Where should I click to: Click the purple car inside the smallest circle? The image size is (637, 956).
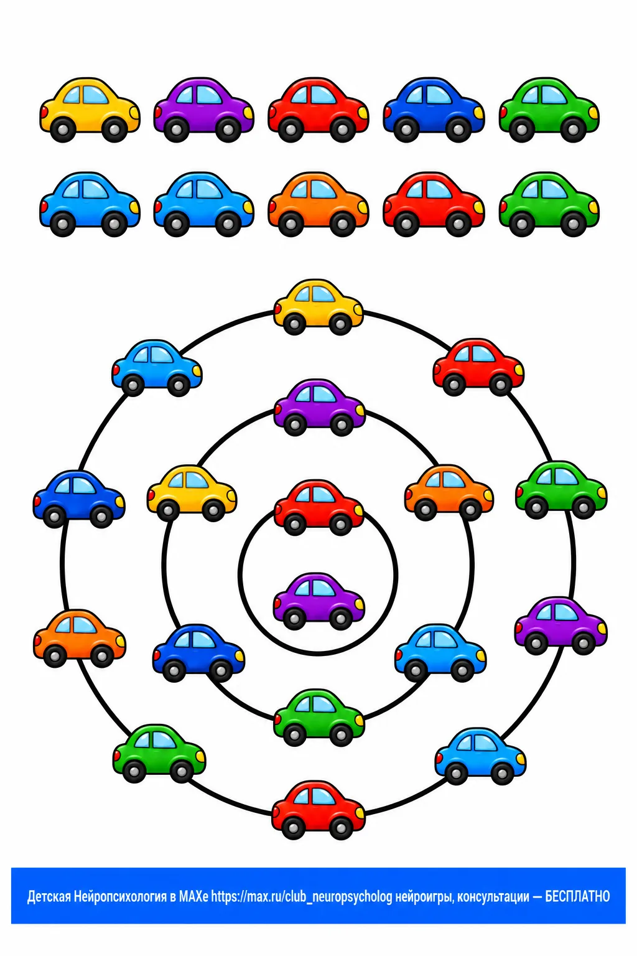click(318, 602)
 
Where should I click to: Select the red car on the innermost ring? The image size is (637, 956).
click(318, 508)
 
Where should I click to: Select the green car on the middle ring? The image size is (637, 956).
click(318, 718)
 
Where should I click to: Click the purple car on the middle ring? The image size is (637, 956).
click(320, 408)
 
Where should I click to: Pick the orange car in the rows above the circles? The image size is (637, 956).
click(318, 204)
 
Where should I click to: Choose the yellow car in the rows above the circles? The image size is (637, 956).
click(90, 110)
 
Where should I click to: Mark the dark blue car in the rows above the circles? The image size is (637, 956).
click(434, 110)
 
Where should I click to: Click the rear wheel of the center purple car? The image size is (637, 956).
click(294, 619)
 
